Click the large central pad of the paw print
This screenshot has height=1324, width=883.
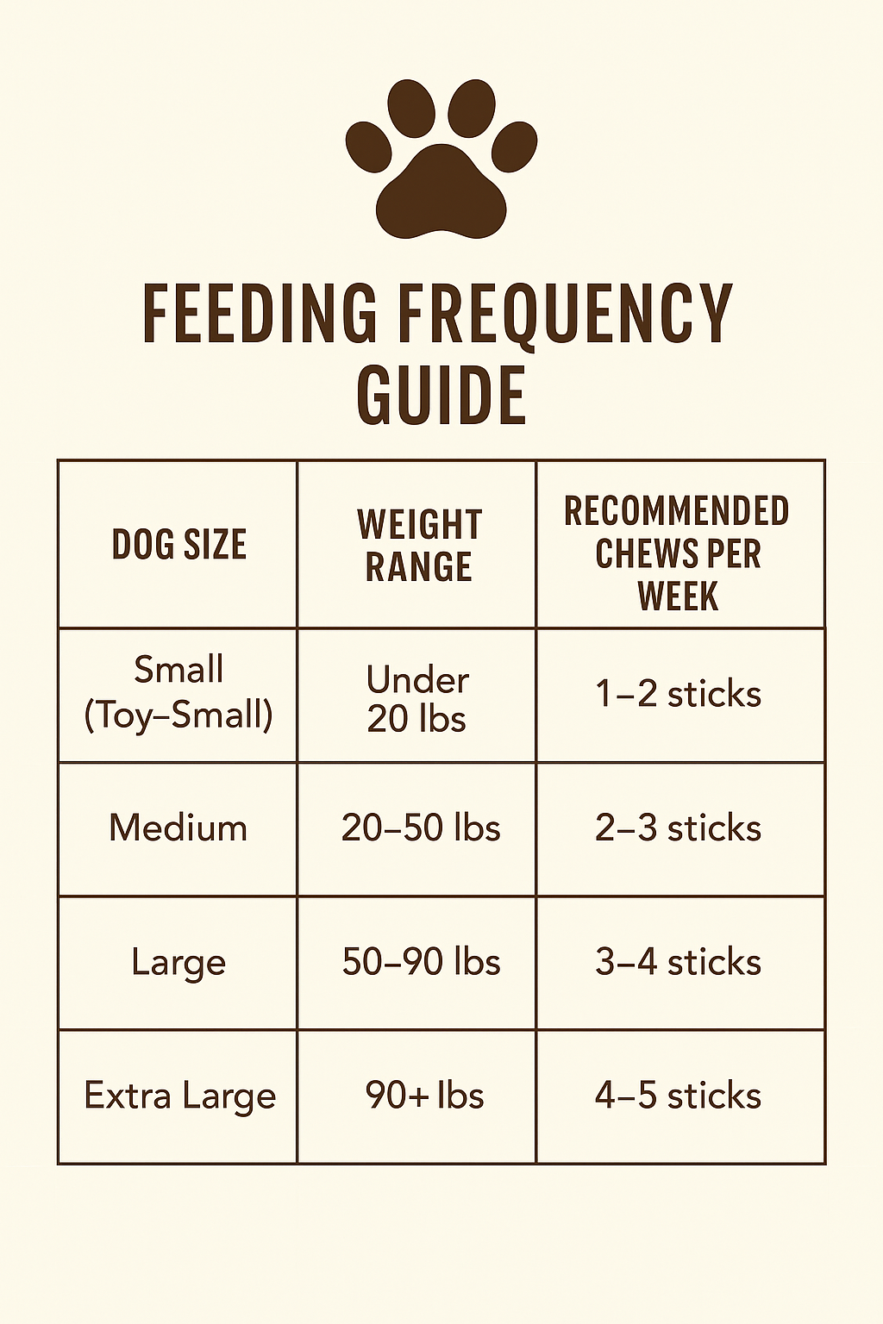click(441, 195)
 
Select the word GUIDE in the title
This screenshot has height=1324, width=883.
click(441, 396)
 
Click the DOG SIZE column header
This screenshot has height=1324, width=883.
click(178, 545)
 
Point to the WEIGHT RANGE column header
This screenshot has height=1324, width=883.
click(419, 546)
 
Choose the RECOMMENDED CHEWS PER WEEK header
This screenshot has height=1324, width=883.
click(678, 553)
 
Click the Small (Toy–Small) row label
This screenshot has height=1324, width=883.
click(178, 692)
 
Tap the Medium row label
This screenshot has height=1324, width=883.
click(178, 828)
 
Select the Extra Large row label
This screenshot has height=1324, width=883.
click(179, 1096)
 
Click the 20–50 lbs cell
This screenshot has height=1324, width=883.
click(421, 828)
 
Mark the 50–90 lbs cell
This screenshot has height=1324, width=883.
click(421, 962)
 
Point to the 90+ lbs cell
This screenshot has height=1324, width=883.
click(424, 1096)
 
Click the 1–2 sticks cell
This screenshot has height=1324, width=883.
click(678, 695)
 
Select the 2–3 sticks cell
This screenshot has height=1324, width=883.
click(678, 828)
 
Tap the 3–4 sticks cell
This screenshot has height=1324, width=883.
click(678, 962)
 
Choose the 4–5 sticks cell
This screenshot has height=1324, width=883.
click(678, 1096)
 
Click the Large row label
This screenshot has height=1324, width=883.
click(178, 963)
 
